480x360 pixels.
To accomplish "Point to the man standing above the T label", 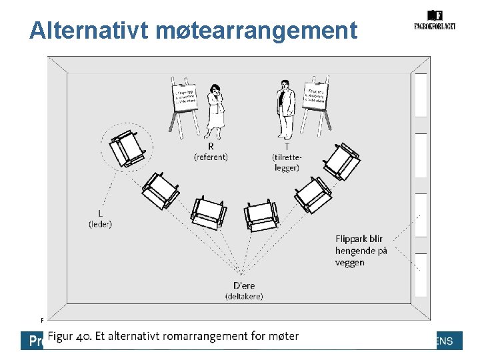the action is point(285,107).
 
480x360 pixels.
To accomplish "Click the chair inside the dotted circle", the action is point(127,147).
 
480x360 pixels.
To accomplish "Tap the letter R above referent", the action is point(211,146).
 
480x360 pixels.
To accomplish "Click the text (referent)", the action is point(211,157).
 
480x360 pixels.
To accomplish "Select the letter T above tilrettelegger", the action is point(286,146).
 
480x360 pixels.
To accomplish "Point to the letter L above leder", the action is point(99,213).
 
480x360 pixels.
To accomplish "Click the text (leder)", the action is point(100,224).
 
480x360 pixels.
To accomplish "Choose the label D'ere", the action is point(243,285).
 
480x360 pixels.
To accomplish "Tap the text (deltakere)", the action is point(244,296).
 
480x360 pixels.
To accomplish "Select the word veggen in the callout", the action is point(349,263).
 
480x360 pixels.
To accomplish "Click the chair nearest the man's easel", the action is point(341,161).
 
